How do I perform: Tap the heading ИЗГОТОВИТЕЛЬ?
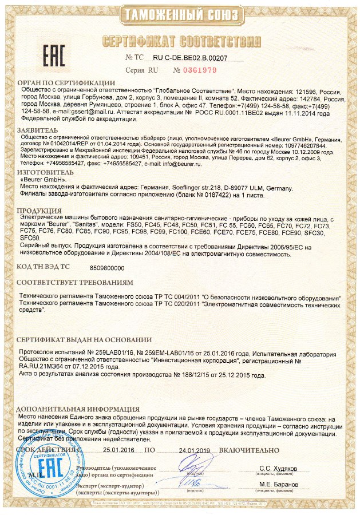[46, 172]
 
